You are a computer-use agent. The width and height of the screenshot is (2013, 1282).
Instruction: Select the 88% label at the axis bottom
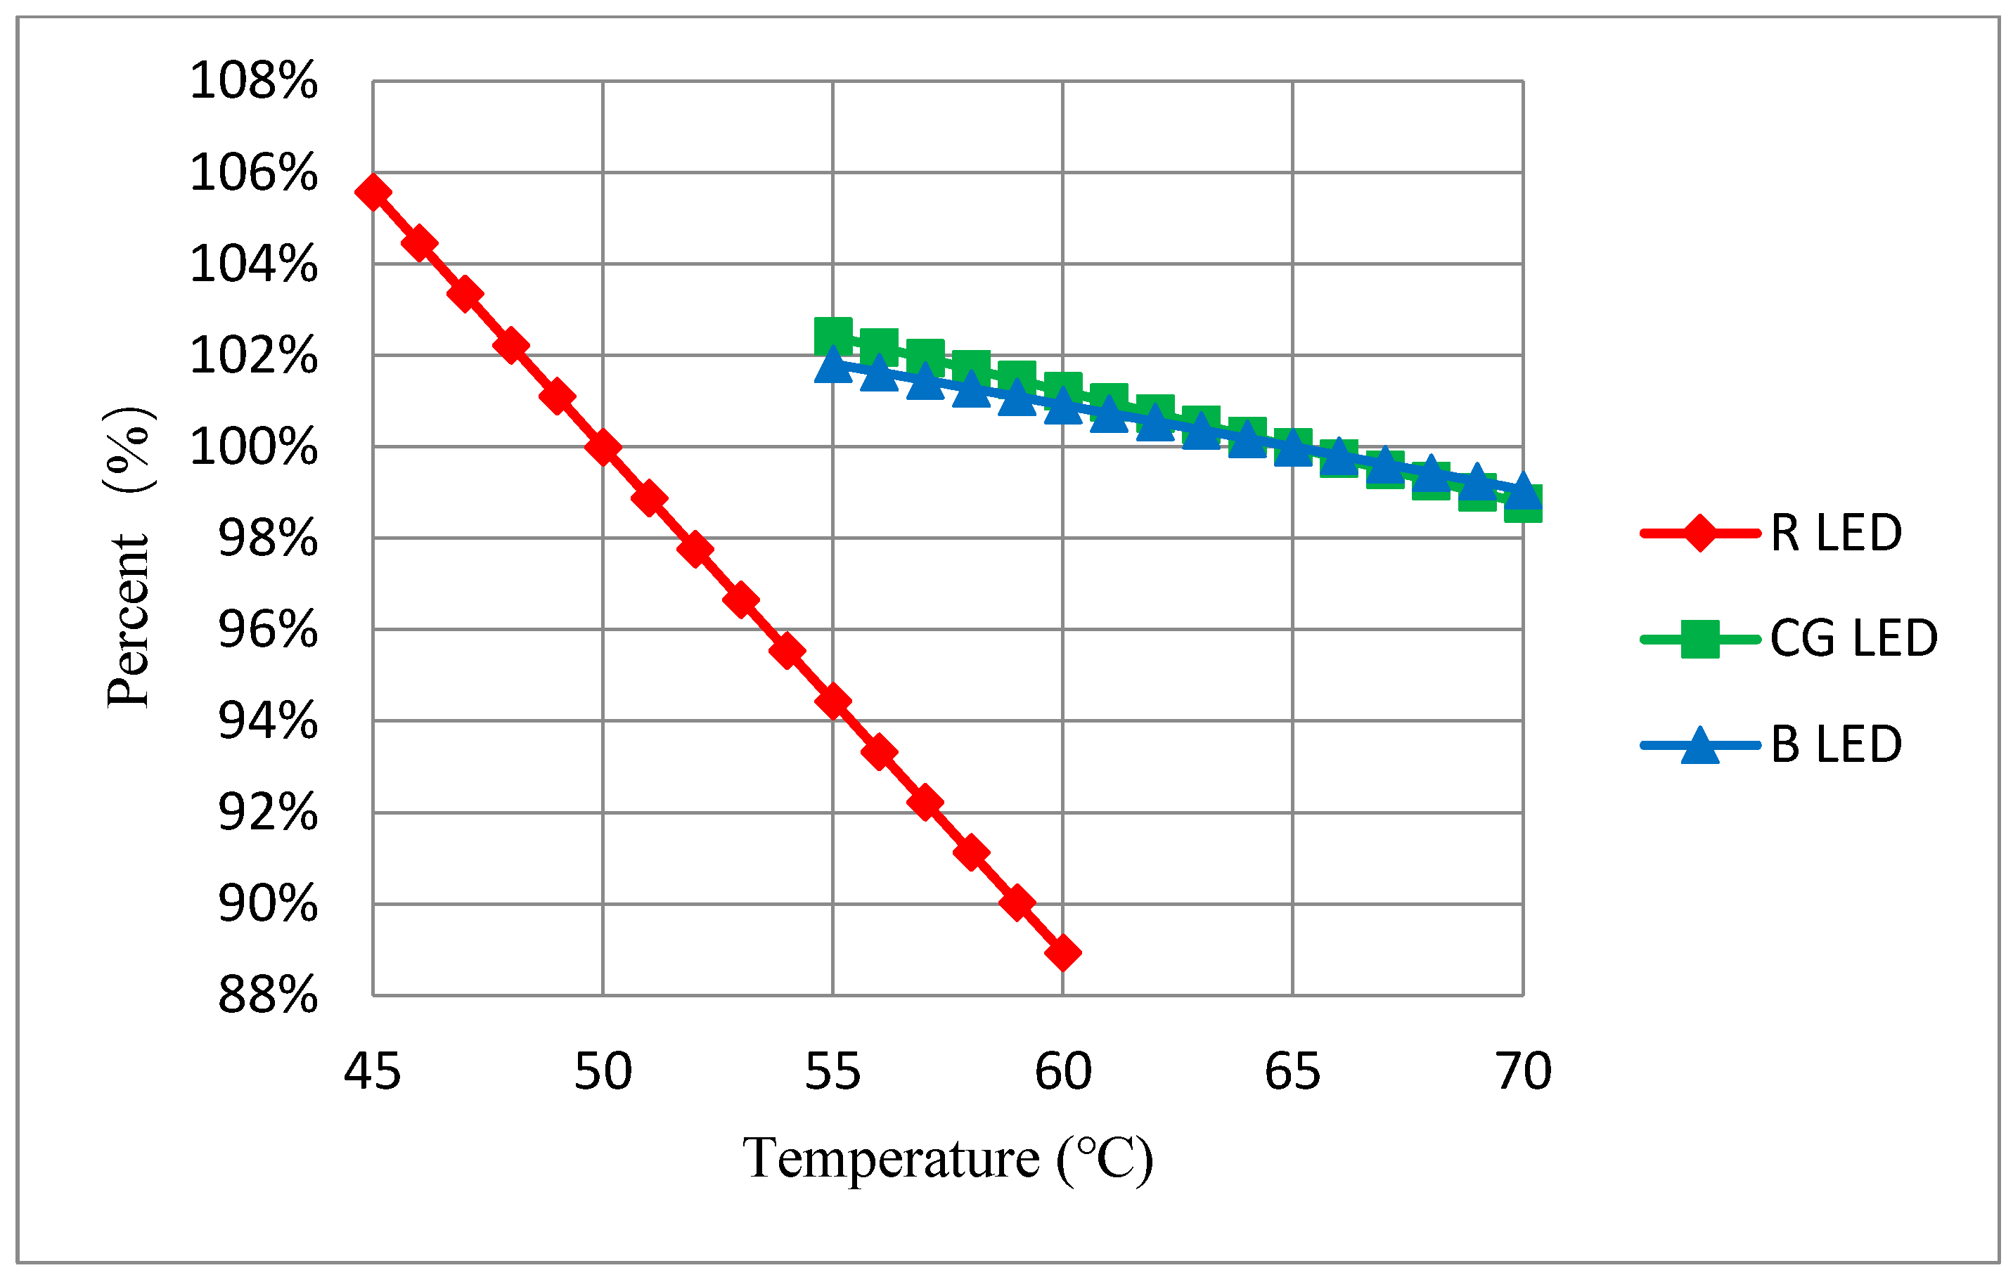(x=267, y=995)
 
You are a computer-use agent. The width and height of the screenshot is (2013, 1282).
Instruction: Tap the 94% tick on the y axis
(x=267, y=720)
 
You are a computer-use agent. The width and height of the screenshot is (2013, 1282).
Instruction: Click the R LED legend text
(x=1836, y=533)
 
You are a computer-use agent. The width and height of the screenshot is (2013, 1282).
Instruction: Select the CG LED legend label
(x=1853, y=638)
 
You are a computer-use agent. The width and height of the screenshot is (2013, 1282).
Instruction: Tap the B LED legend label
(x=1836, y=744)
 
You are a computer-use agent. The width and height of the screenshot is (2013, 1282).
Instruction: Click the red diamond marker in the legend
(x=1699, y=533)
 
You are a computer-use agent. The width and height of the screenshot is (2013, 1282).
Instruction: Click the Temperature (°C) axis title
(x=947, y=1159)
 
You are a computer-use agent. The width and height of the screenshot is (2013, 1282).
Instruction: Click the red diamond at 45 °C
(x=373, y=192)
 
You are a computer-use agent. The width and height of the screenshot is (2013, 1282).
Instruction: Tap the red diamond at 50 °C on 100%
(x=603, y=448)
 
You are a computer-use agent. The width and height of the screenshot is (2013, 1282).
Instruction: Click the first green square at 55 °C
(x=832, y=336)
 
